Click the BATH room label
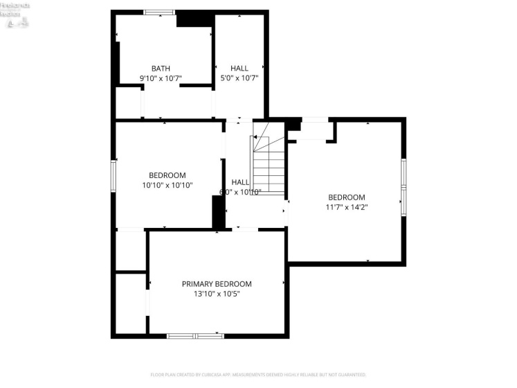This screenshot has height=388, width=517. tap(161, 69)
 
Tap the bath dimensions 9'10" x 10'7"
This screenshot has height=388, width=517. tap(161, 78)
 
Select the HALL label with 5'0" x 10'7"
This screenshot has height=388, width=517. tap(239, 69)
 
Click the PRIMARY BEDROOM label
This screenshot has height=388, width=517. tap(217, 284)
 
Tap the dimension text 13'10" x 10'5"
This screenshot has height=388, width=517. tap(217, 294)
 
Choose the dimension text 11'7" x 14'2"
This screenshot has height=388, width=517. tap(346, 206)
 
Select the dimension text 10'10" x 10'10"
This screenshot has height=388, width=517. tap(167, 185)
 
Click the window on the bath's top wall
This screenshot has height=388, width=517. tap(159, 12)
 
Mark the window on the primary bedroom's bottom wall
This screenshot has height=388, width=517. tap(195, 336)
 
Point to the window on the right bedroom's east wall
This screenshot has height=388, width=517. tap(403, 187)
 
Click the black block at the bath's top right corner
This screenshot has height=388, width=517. tap(194, 20)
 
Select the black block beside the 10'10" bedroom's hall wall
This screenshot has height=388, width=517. tap(218, 212)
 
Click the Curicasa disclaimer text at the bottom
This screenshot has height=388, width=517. tap(258, 375)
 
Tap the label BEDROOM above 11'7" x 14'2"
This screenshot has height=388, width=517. tap(346, 197)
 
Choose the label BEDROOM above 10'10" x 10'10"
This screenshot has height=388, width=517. tap(167, 175)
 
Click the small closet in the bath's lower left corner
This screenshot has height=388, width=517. tap(128, 103)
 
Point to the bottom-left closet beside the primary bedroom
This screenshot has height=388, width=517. tap(129, 304)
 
